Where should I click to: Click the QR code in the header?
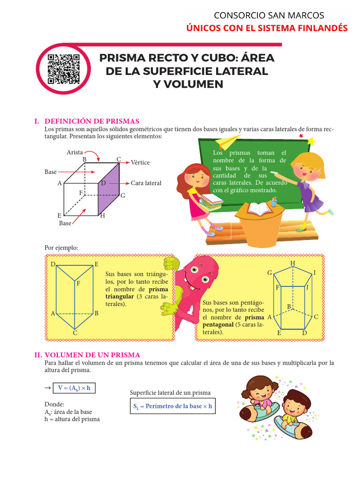click(x=64, y=69)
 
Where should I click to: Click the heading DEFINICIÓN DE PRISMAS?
click(x=91, y=121)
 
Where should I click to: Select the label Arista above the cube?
click(x=75, y=152)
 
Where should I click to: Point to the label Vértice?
click(x=140, y=163)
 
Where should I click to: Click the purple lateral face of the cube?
click(x=109, y=190)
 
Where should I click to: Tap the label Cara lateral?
click(x=146, y=183)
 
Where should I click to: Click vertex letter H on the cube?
click(x=102, y=216)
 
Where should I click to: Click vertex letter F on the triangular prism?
click(x=78, y=284)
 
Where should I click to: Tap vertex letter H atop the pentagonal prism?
click(x=292, y=263)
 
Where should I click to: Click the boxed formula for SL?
click(x=172, y=406)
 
